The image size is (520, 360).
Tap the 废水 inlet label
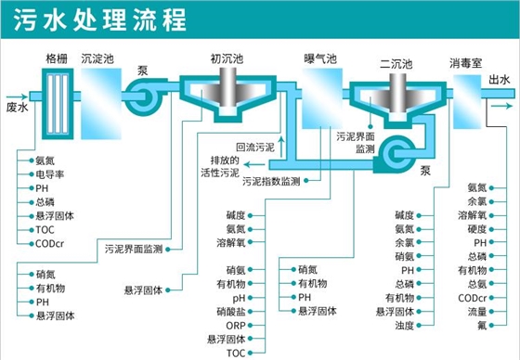[x=18, y=107]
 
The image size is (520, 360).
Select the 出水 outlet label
[x=498, y=81]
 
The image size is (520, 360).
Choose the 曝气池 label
[x=320, y=58]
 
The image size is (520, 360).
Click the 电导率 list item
[x=50, y=174]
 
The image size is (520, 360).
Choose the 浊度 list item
[x=404, y=326]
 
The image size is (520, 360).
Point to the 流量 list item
[x=477, y=312]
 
